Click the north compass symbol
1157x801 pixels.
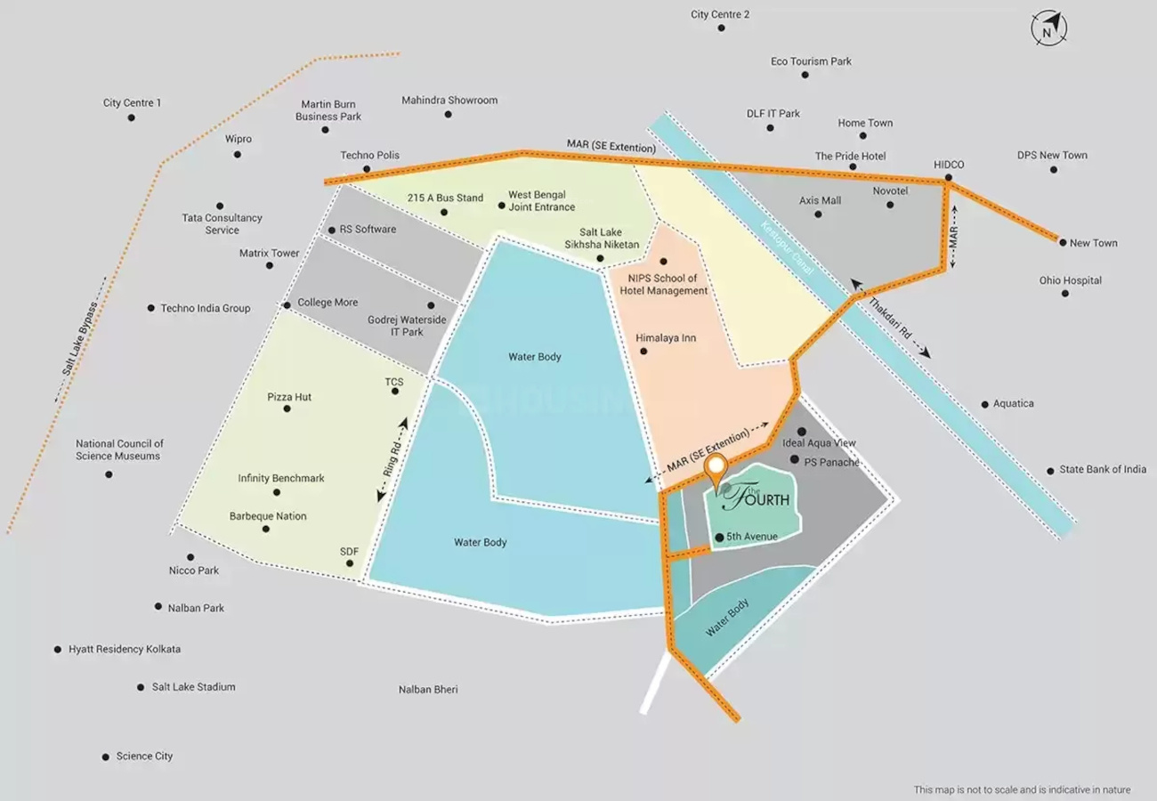tap(1049, 28)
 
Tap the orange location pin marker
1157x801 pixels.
tap(716, 469)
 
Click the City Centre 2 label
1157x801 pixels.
tap(720, 14)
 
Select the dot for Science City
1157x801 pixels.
tap(105, 757)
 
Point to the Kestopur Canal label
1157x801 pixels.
tap(787, 248)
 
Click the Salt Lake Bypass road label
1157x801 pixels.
tap(79, 338)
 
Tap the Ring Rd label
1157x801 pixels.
tap(392, 459)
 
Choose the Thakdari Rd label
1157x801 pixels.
tap(890, 318)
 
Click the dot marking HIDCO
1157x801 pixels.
tap(949, 178)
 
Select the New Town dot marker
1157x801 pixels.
tap(1063, 243)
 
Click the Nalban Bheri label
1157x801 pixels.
tap(428, 690)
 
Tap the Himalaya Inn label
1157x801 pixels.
tap(666, 337)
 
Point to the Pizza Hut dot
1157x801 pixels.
tap(287, 409)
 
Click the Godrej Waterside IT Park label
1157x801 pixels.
tap(407, 326)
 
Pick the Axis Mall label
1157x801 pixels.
tap(820, 200)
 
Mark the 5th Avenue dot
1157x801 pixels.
tap(719, 538)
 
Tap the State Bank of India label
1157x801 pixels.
tap(1103, 469)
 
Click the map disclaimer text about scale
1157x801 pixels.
tap(1023, 789)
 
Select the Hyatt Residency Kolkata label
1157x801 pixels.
tap(125, 649)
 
